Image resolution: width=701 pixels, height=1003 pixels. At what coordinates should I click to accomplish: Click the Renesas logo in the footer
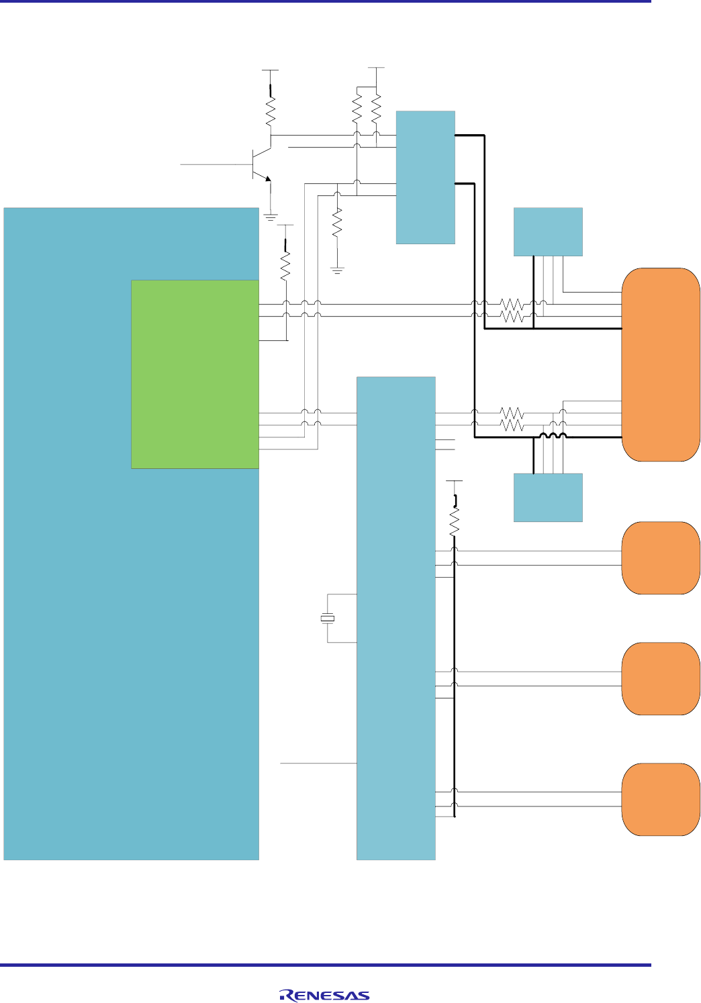(x=324, y=996)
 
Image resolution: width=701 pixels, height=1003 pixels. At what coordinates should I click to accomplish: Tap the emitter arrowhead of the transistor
(x=267, y=178)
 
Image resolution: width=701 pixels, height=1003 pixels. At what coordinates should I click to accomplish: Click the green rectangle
(x=195, y=374)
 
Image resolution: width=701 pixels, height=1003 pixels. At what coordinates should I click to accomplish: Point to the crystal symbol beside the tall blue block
(x=328, y=618)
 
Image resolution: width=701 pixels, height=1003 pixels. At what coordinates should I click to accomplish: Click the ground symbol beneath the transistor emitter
(x=271, y=217)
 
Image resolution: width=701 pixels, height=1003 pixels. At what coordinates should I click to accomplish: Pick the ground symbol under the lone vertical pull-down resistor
(x=338, y=270)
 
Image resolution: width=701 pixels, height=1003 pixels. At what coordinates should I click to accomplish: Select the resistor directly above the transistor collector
(x=271, y=113)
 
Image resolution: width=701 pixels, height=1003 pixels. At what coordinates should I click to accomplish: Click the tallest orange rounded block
(x=661, y=364)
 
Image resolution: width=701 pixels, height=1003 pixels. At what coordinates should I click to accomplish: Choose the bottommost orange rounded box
(x=661, y=799)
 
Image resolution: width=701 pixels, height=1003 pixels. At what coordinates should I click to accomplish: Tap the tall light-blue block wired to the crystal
(x=395, y=618)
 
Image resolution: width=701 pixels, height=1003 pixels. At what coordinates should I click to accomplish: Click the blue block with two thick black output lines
(x=425, y=177)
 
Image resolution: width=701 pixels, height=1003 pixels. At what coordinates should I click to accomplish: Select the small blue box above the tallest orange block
(x=548, y=231)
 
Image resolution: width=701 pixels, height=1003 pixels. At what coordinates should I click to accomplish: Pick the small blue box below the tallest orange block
(x=548, y=497)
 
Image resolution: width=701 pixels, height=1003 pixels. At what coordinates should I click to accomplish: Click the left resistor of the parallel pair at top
(x=357, y=107)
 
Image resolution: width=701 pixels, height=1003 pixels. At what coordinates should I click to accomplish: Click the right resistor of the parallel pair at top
(x=376, y=107)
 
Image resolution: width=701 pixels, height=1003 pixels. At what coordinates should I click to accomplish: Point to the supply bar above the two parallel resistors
(x=376, y=68)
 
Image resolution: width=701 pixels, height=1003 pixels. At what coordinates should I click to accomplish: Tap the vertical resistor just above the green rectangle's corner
(x=286, y=266)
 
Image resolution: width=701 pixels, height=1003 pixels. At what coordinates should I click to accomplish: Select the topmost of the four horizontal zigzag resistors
(x=512, y=304)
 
